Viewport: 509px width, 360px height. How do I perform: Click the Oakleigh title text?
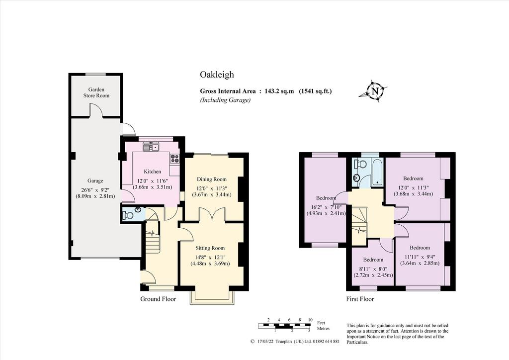click(x=217, y=75)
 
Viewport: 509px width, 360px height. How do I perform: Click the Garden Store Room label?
click(x=96, y=92)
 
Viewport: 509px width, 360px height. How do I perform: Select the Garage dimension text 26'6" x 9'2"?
click(x=95, y=190)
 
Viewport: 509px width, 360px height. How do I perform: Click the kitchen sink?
click(x=151, y=147)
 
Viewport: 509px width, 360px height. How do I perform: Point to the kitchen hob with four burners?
click(x=175, y=159)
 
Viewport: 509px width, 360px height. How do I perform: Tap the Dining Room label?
click(x=212, y=179)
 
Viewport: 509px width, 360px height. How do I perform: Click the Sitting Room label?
click(x=210, y=248)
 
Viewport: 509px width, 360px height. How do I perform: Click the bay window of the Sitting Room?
click(x=212, y=298)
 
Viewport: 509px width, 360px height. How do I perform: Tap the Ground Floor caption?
click(x=158, y=299)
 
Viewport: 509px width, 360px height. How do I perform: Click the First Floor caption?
click(x=360, y=299)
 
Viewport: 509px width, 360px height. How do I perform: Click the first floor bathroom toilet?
click(x=359, y=164)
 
